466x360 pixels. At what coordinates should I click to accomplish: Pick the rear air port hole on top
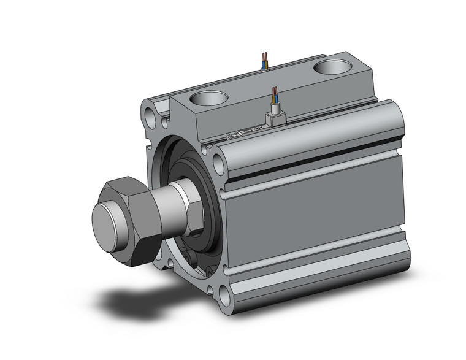pos(332,67)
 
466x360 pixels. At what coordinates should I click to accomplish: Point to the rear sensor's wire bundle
pos(264,61)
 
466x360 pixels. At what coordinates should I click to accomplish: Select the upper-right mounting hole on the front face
pos(218,163)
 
